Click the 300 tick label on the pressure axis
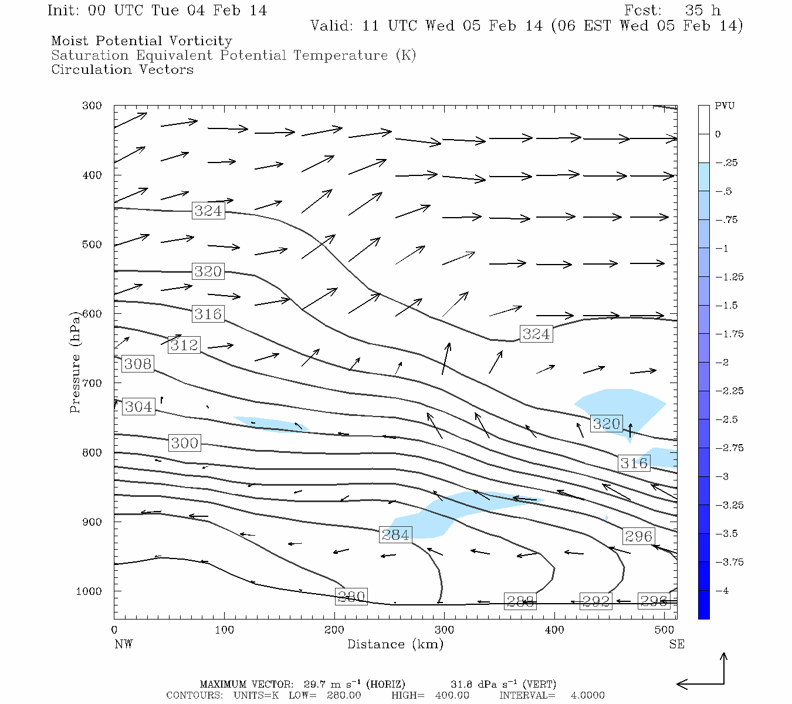(92, 106)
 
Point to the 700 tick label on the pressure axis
(92, 383)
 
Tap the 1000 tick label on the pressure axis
(89, 591)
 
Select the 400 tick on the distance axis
(554, 630)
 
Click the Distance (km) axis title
(395, 644)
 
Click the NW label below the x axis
(123, 644)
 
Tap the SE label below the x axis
(676, 644)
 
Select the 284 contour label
(395, 534)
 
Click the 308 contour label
(138, 364)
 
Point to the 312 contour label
(184, 345)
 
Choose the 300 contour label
(184, 443)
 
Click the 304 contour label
(138, 407)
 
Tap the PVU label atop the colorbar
(725, 106)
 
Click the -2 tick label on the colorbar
(722, 363)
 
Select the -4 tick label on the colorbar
(722, 591)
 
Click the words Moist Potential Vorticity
(141, 41)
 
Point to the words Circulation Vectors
(122, 69)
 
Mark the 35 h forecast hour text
(703, 11)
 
